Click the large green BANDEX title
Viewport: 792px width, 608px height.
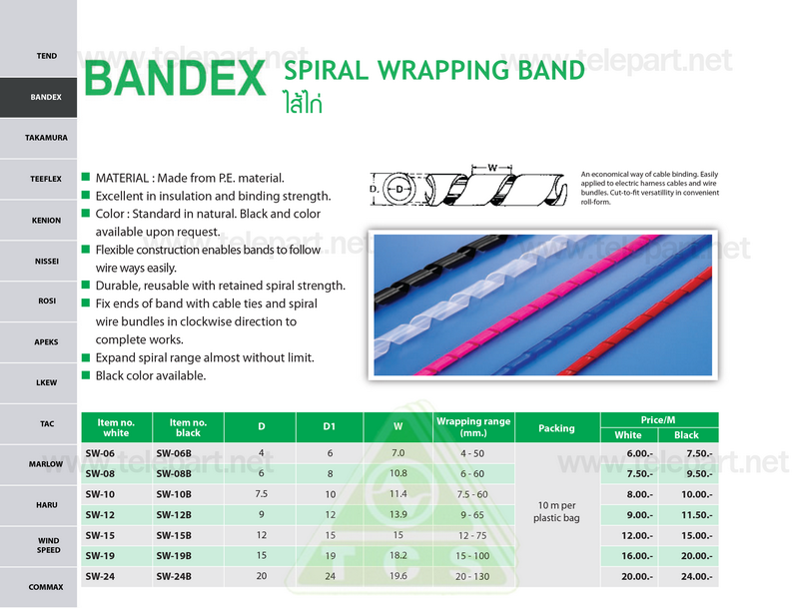click(x=175, y=78)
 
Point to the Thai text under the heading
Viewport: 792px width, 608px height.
click(x=303, y=103)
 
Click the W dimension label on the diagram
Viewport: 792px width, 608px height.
click(x=492, y=168)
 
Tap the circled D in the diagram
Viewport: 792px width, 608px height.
click(x=399, y=190)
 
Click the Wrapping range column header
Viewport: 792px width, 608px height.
click(x=473, y=427)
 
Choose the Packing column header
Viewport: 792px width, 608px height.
click(x=556, y=428)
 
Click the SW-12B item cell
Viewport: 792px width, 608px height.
click(x=174, y=515)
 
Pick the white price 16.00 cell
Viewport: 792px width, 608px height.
click(x=636, y=556)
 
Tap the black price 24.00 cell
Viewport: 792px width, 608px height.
click(x=696, y=577)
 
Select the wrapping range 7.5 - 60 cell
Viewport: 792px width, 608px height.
click(x=472, y=494)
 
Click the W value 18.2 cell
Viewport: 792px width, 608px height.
click(x=398, y=555)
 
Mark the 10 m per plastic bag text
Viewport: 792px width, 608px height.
click(x=556, y=511)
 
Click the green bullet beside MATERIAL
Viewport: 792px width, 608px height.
click(x=86, y=177)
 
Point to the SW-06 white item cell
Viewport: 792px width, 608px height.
click(x=100, y=453)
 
